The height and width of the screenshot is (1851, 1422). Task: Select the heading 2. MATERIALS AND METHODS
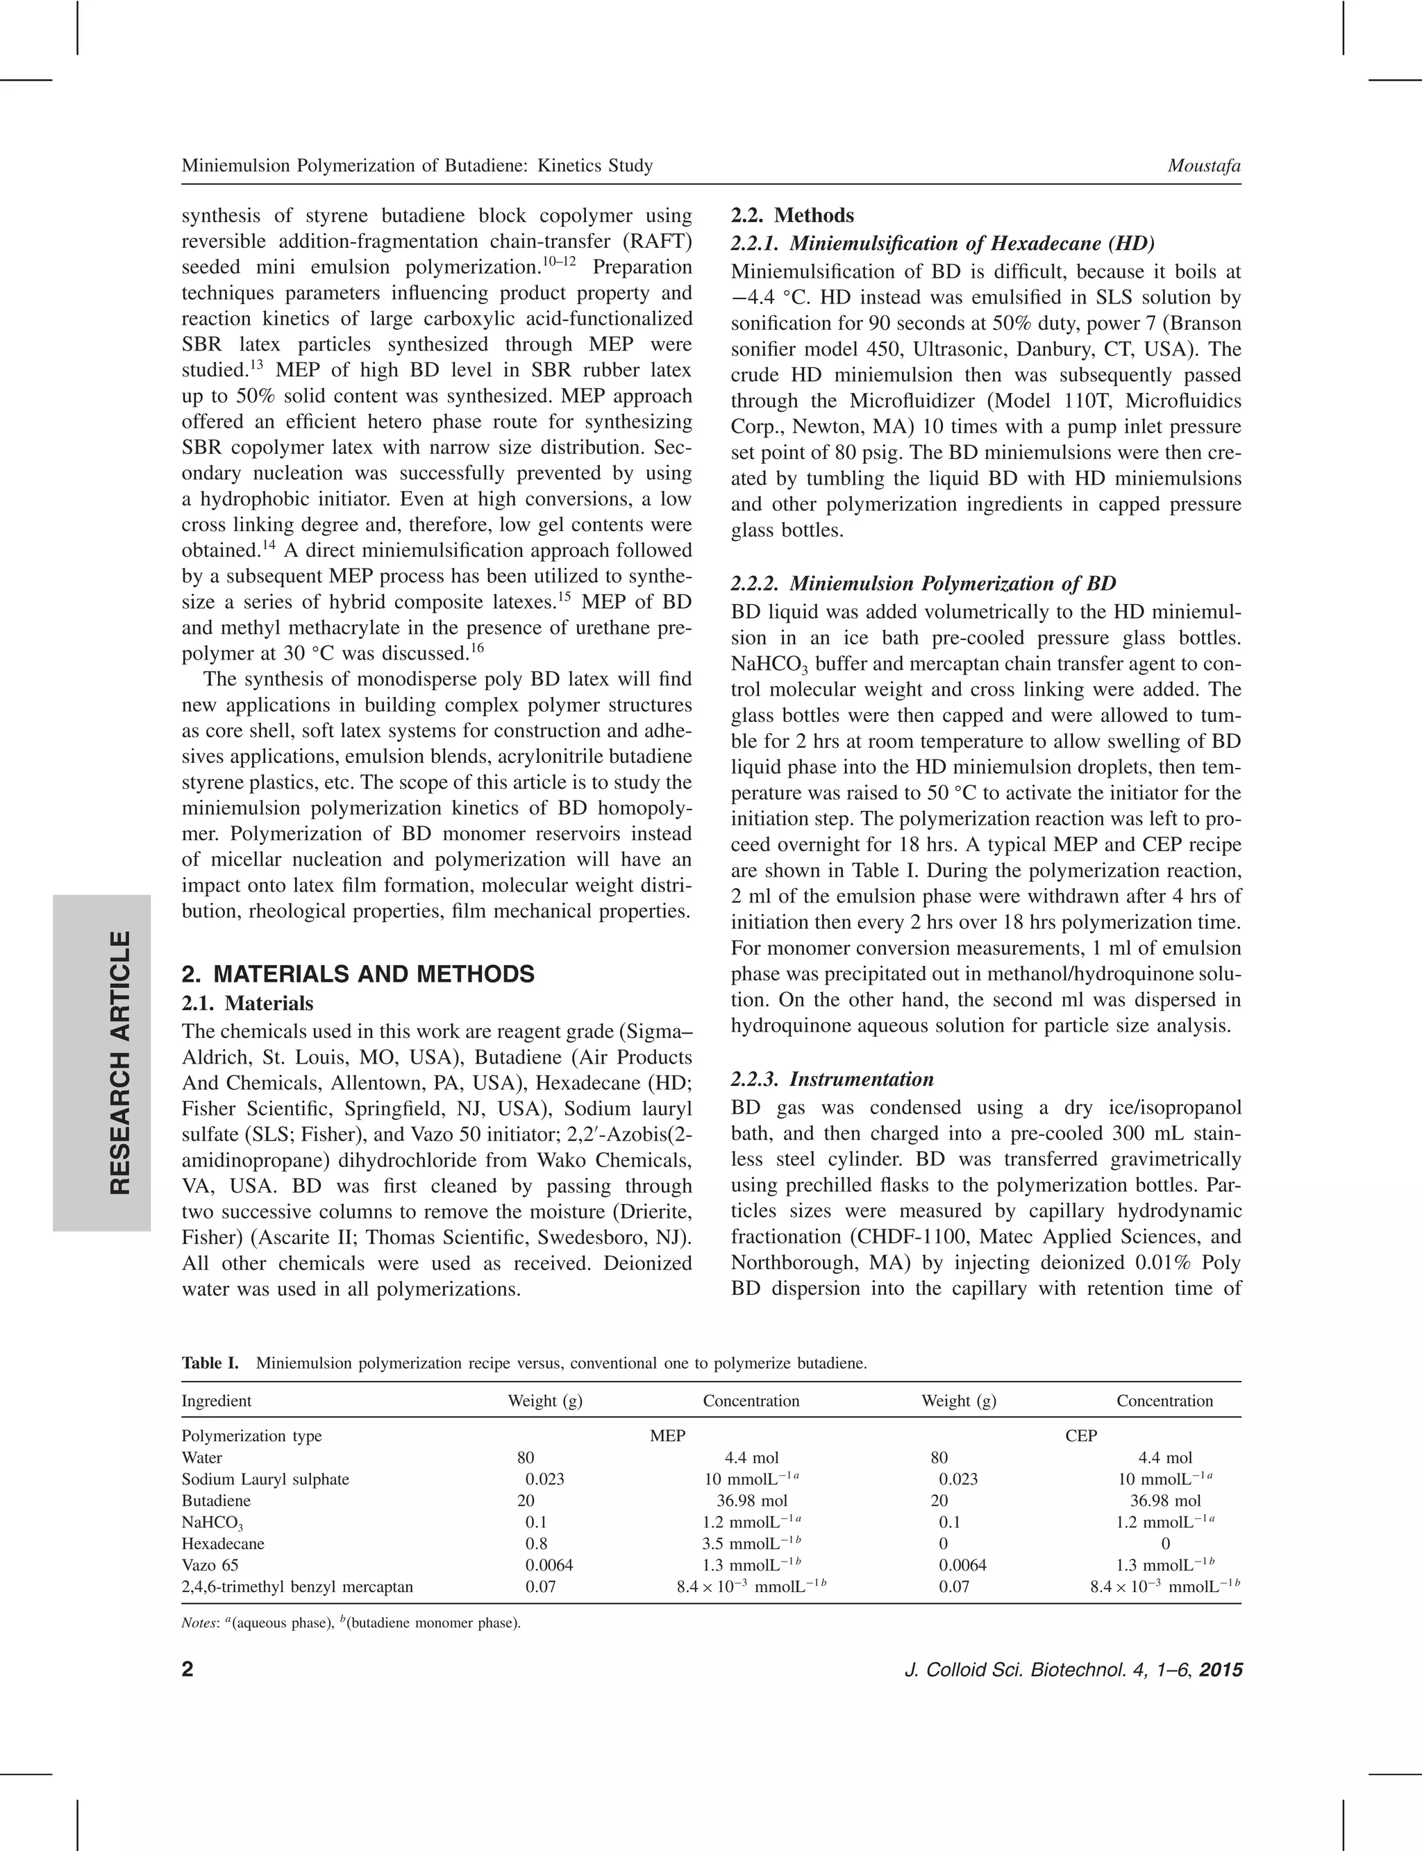tap(358, 974)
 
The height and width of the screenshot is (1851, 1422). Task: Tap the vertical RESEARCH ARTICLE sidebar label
tap(121, 1063)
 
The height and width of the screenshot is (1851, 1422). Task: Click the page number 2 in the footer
tap(188, 1670)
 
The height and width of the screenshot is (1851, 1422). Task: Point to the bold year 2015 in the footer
tap(1221, 1670)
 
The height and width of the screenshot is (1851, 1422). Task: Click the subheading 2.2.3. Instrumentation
tap(832, 1079)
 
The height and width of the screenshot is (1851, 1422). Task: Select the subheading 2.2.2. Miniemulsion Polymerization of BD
tap(923, 583)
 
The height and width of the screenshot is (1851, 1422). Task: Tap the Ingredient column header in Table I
tap(216, 1400)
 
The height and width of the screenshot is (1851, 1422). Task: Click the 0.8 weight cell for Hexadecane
tap(537, 1543)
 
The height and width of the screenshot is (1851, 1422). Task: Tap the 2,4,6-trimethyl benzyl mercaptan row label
tap(297, 1587)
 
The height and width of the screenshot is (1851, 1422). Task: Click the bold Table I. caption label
tap(210, 1364)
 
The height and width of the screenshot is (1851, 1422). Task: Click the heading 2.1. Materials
tap(247, 1004)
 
